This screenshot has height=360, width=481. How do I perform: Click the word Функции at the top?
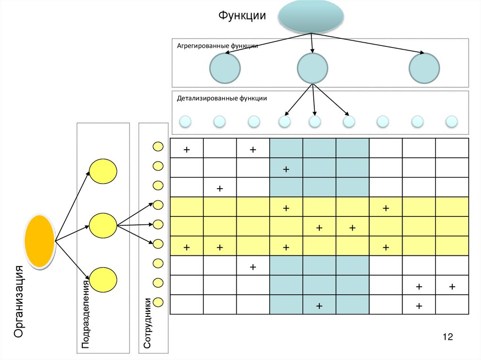242,16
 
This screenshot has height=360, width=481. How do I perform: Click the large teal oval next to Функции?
310,16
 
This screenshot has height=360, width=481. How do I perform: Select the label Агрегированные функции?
217,46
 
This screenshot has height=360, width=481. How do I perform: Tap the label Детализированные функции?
222,99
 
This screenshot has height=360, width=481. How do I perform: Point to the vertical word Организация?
19,301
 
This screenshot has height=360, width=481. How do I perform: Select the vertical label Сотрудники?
147,322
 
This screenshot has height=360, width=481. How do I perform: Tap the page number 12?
447,337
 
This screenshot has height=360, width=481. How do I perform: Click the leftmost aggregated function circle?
225,68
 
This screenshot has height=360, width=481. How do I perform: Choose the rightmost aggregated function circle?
425,68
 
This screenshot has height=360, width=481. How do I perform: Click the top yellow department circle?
103,171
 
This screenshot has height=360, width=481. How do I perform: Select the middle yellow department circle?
103,225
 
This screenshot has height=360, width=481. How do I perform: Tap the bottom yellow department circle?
103,280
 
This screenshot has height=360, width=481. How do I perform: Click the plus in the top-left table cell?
186,150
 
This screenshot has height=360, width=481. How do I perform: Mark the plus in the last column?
452,286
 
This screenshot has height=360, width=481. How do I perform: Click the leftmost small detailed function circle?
186,122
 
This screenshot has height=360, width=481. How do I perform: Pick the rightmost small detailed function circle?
451,122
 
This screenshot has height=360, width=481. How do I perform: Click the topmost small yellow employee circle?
158,146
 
